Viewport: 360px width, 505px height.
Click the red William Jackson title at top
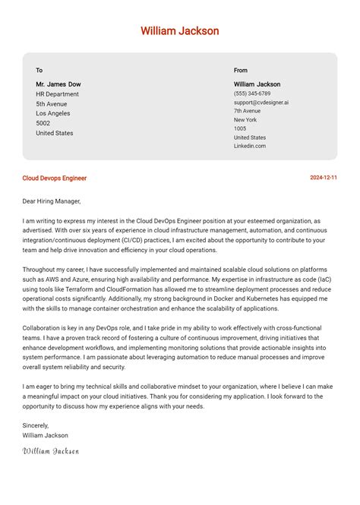pyautogui.click(x=180, y=31)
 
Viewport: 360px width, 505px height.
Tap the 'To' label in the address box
pyautogui.click(x=39, y=71)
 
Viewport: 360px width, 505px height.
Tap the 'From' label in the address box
pyautogui.click(x=241, y=71)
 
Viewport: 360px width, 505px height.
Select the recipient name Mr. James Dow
pyautogui.click(x=58, y=84)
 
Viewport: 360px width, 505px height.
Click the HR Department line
pyautogui.click(x=57, y=94)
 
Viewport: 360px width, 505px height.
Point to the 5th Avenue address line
pyautogui.click(x=52, y=104)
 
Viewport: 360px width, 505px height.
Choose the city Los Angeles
pyautogui.click(x=54, y=114)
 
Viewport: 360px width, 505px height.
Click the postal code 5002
pyautogui.click(x=43, y=123)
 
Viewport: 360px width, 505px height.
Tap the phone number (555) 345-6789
pyautogui.click(x=252, y=93)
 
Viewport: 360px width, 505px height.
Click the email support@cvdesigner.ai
pyautogui.click(x=261, y=103)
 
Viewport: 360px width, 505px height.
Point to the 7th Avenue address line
pyautogui.click(x=247, y=111)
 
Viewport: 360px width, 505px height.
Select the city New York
pyautogui.click(x=245, y=120)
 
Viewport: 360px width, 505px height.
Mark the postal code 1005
pyautogui.click(x=240, y=129)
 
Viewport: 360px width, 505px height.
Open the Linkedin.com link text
pyautogui.click(x=250, y=146)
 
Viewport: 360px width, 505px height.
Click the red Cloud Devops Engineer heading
pyautogui.click(x=55, y=178)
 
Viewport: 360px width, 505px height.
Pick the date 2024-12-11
pyautogui.click(x=324, y=178)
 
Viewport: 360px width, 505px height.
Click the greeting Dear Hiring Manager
pyautogui.click(x=52, y=201)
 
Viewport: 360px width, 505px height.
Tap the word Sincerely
pyautogui.click(x=36, y=425)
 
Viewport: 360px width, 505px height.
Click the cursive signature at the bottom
pyautogui.click(x=51, y=450)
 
